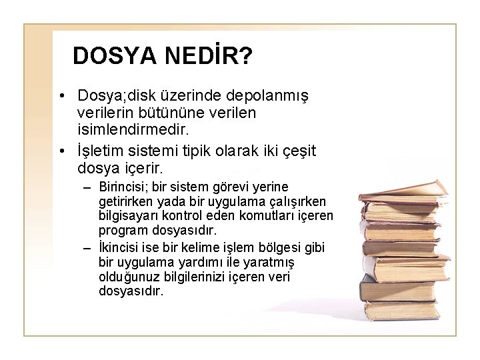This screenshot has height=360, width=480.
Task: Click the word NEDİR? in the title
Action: tap(207, 56)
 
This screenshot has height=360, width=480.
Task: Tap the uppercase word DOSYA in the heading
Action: tap(113, 56)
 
